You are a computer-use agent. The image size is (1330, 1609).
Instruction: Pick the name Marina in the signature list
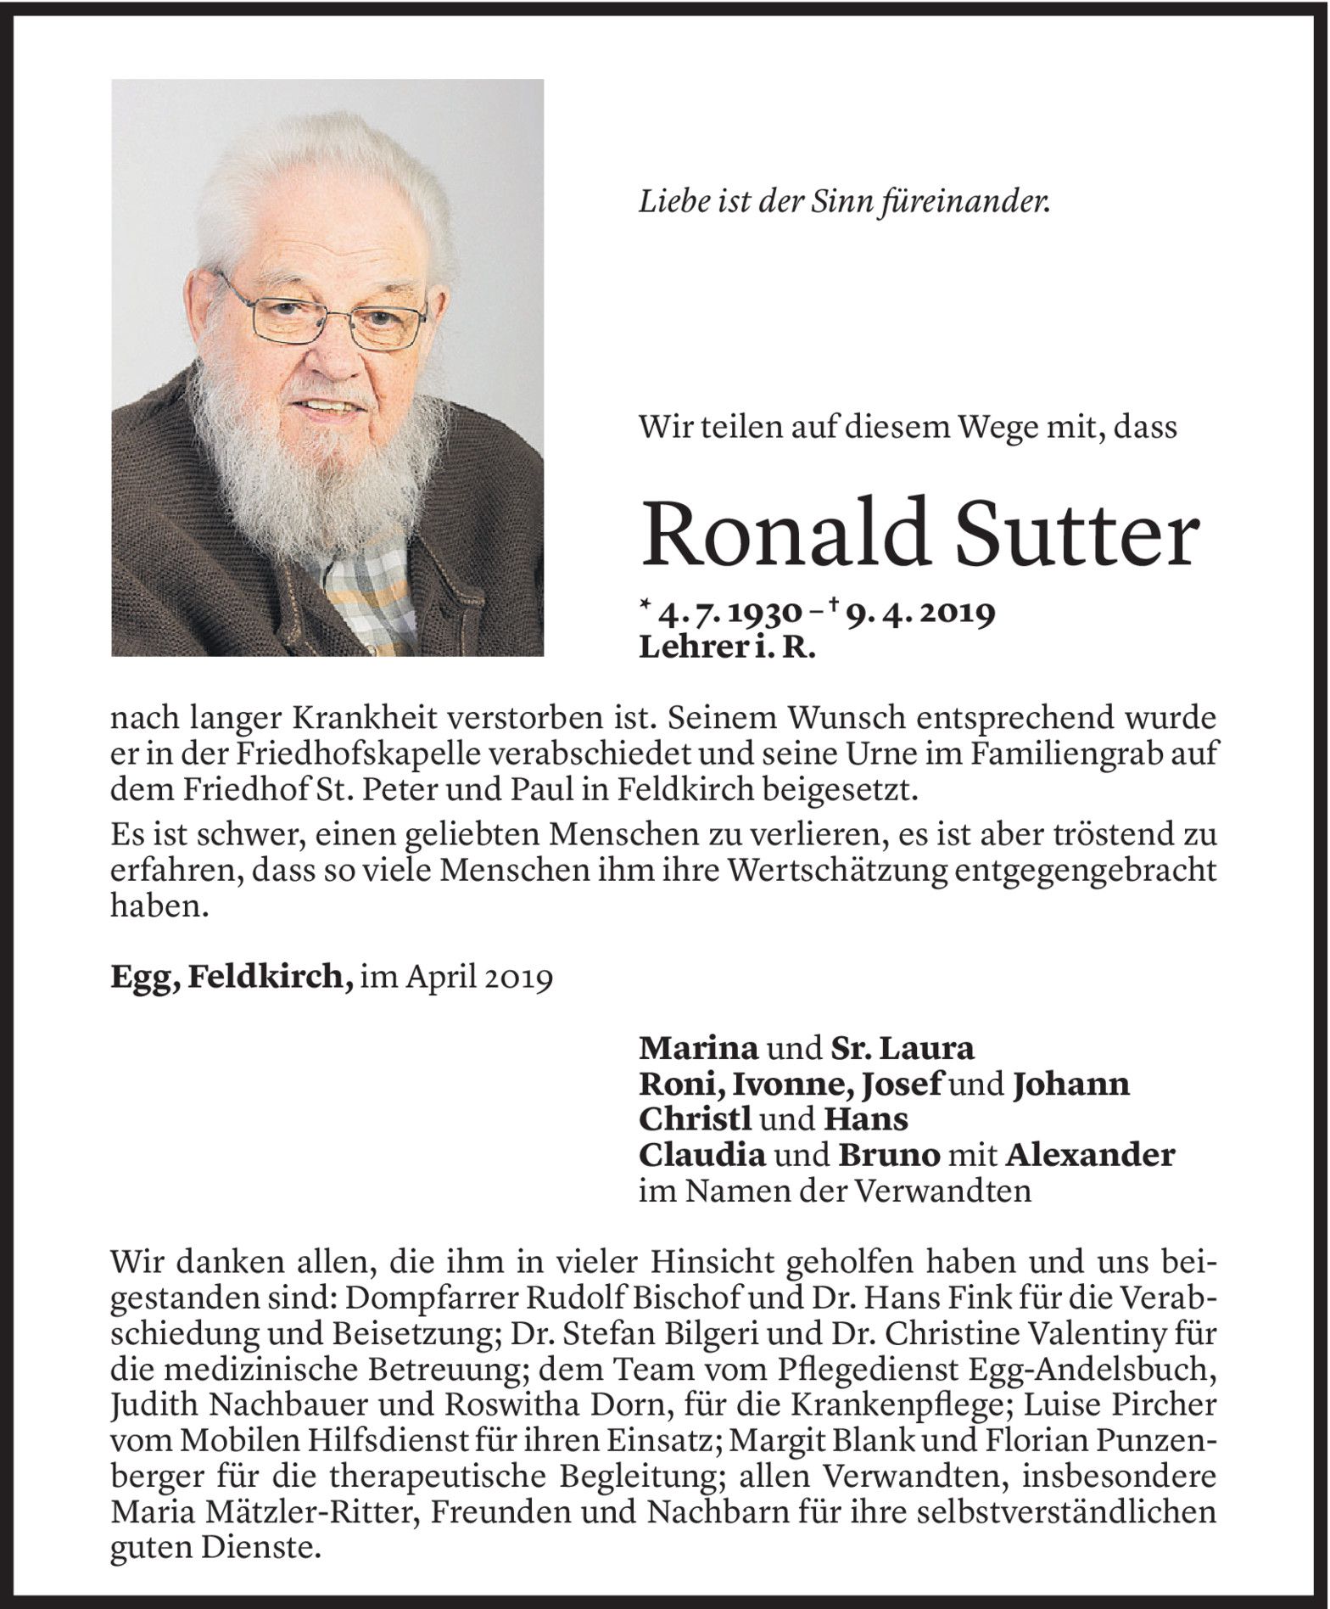(x=698, y=1049)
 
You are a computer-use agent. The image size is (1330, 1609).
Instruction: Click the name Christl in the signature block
(x=695, y=1120)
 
